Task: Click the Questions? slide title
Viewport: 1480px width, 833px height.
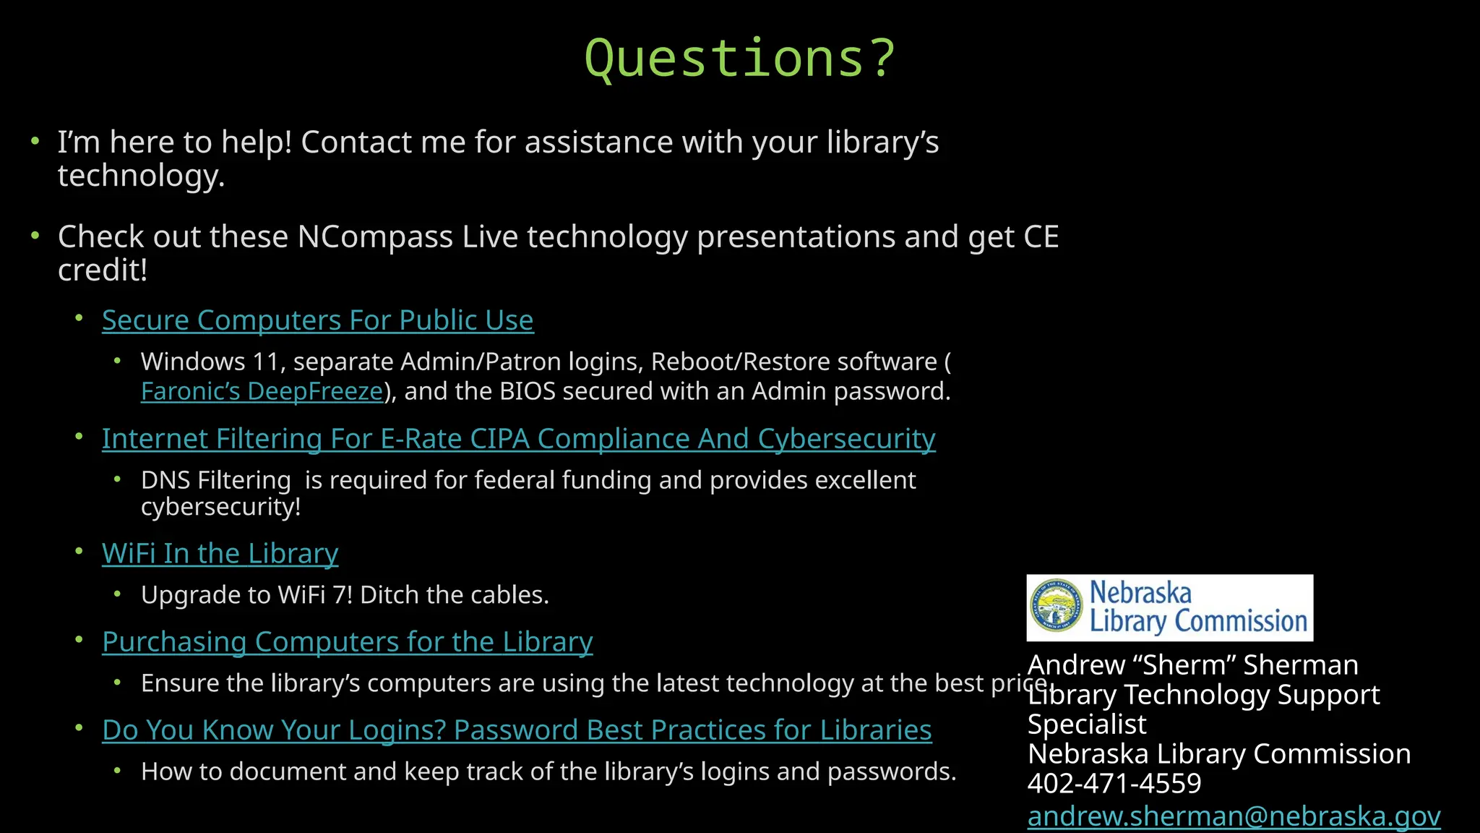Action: [739, 58]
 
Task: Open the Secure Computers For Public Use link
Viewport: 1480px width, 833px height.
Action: [317, 320]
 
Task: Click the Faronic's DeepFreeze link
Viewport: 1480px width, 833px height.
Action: [262, 391]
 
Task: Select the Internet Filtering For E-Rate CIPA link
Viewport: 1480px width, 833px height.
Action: [518, 439]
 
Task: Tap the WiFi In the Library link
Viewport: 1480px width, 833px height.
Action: [220, 554]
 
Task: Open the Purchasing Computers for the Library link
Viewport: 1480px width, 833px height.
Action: [347, 642]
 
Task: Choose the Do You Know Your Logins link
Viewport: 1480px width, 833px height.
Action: [517, 730]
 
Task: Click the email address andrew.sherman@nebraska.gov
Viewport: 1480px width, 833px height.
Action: [1234, 816]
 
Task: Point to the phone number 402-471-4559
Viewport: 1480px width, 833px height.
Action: [1114, 783]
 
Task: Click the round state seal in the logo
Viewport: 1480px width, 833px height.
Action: [1057, 606]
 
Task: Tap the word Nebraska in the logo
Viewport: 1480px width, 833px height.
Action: [1140, 593]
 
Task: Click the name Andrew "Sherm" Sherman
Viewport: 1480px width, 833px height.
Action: [1192, 665]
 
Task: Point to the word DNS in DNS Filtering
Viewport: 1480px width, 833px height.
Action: [165, 480]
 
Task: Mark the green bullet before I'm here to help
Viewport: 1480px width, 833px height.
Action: [35, 141]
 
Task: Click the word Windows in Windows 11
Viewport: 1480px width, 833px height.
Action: [184, 362]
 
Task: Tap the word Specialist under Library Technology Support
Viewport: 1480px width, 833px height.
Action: [1087, 725]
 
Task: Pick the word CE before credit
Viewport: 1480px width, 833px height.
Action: [1041, 237]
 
